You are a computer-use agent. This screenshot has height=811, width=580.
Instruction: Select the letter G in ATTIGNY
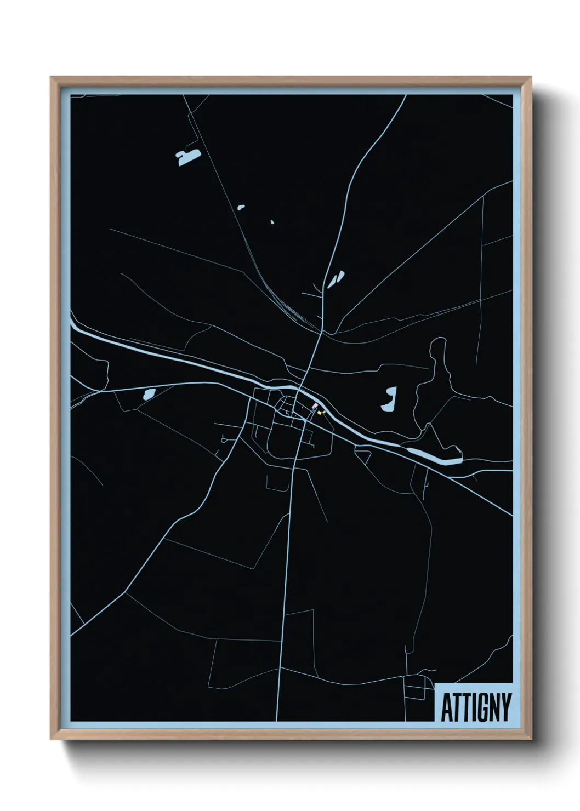pos(481,707)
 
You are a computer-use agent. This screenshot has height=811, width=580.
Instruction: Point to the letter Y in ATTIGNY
pos(506,707)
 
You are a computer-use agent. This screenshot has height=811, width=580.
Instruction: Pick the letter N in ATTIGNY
pos(493,707)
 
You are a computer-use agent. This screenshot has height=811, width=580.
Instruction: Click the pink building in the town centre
pos(315,405)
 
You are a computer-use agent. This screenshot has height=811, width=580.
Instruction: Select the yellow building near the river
pos(319,413)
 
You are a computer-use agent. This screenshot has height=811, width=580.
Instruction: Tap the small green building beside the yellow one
pos(324,411)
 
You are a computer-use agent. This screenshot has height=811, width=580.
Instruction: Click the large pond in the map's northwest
pos(187,157)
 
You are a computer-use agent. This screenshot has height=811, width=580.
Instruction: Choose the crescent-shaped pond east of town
pos(389,399)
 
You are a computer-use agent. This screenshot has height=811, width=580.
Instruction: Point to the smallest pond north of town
pos(272,222)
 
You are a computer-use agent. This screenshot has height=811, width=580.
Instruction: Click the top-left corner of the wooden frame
pos(52,78)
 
